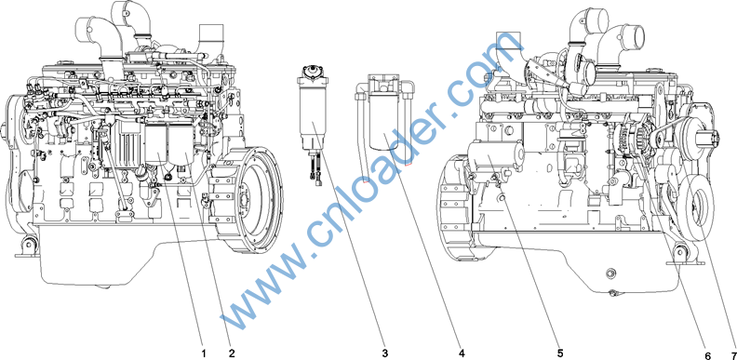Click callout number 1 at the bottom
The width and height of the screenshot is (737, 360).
pos(204,353)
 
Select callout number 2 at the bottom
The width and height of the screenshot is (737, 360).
pos(232,353)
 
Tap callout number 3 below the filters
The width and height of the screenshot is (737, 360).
pos(384,353)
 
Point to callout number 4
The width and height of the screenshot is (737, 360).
pos(462,353)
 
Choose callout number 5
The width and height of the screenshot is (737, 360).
pos(560,353)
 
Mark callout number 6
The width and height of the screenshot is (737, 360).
pos(708,354)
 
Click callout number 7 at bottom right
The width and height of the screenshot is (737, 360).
pos(732,354)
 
